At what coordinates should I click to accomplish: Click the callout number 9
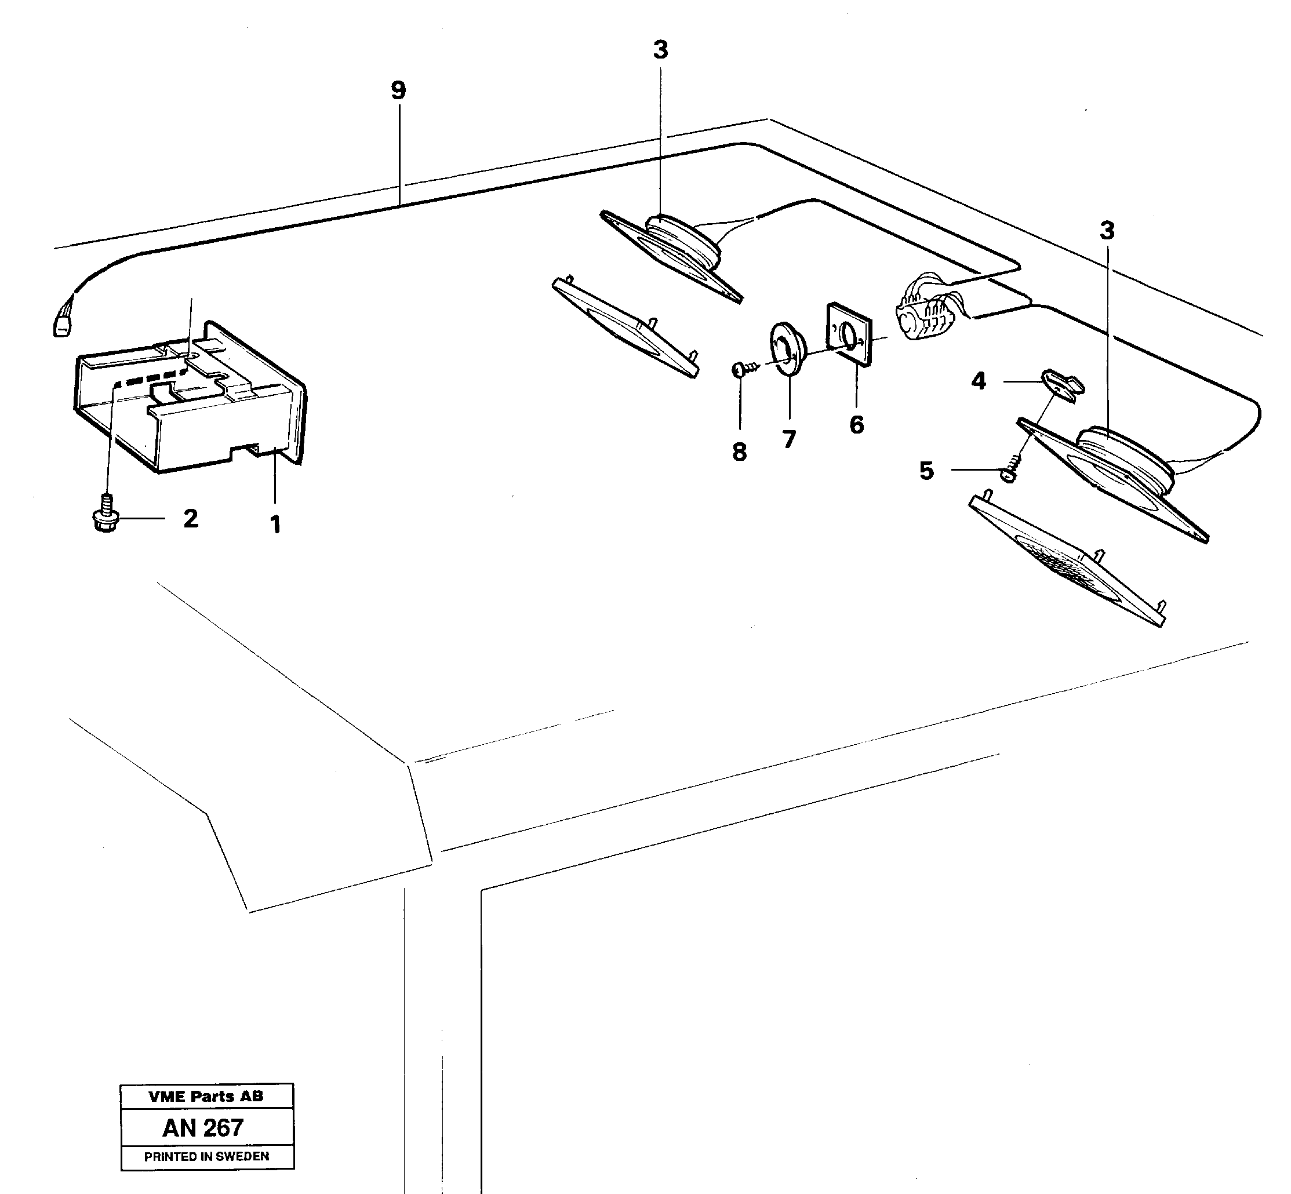click(398, 90)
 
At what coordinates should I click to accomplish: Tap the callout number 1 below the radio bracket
click(275, 525)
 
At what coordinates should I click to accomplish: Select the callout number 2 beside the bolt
click(190, 518)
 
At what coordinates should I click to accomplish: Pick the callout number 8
click(739, 452)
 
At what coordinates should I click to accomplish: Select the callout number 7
click(789, 439)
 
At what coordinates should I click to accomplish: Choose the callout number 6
click(856, 424)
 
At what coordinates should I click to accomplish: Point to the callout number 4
click(979, 381)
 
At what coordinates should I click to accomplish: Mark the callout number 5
click(926, 471)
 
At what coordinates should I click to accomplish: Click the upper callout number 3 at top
click(660, 50)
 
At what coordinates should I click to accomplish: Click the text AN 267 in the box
click(203, 1127)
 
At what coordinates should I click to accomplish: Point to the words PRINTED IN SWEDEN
click(206, 1156)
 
